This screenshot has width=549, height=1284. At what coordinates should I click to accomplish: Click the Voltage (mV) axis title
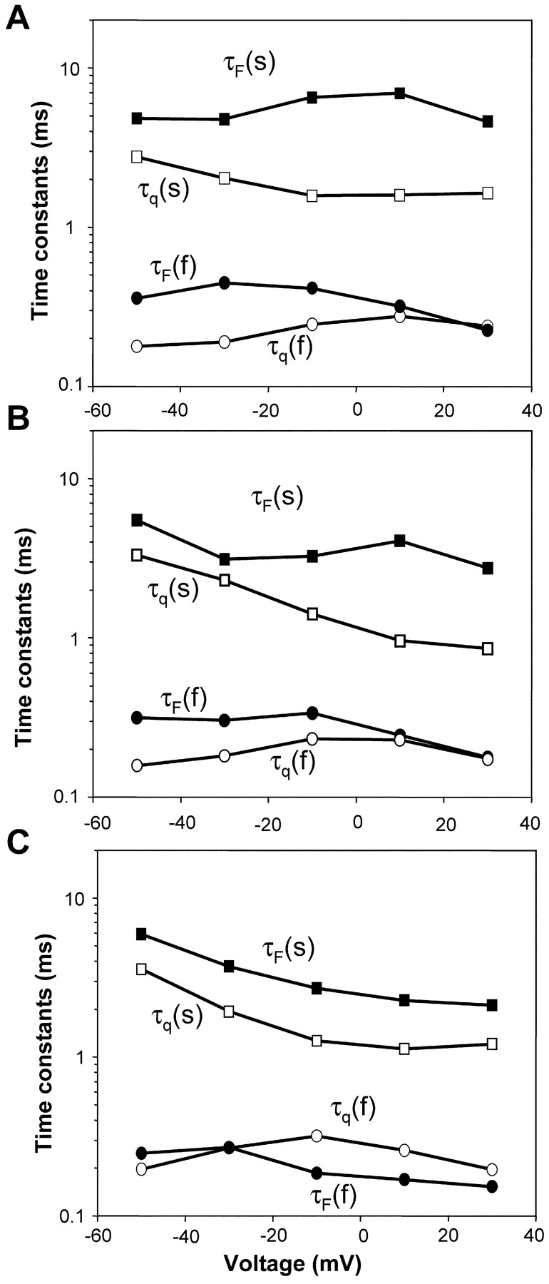292,1263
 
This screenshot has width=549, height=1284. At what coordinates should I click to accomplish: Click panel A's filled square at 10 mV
400,93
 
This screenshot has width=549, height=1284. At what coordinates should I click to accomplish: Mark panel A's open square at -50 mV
137,157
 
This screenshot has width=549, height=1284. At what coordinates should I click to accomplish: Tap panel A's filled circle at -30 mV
225,283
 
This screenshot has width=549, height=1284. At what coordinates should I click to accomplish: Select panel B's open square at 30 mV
488,648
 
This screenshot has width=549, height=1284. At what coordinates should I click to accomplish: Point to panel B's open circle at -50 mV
137,765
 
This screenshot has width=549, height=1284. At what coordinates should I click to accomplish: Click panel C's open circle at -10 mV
317,1136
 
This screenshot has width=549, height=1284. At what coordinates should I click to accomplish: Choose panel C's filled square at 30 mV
491,1005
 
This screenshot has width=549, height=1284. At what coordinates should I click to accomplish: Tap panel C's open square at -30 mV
229,1012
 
